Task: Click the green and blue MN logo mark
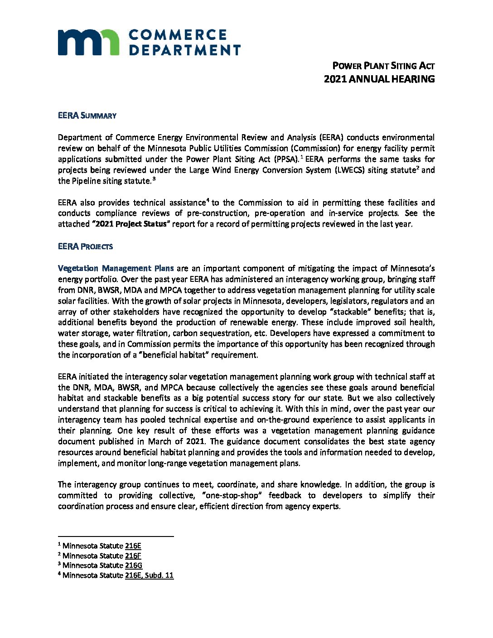point(88,42)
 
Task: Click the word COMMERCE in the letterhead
point(178,35)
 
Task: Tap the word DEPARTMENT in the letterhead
point(185,50)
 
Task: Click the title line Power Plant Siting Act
point(383,66)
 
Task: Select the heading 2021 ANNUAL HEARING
point(379,79)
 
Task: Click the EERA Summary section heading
point(87,116)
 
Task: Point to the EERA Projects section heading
point(85,246)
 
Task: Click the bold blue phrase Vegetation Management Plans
point(116,268)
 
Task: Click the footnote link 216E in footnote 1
point(133,546)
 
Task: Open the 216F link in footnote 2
point(133,556)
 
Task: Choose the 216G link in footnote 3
point(134,565)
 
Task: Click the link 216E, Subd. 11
point(149,575)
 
